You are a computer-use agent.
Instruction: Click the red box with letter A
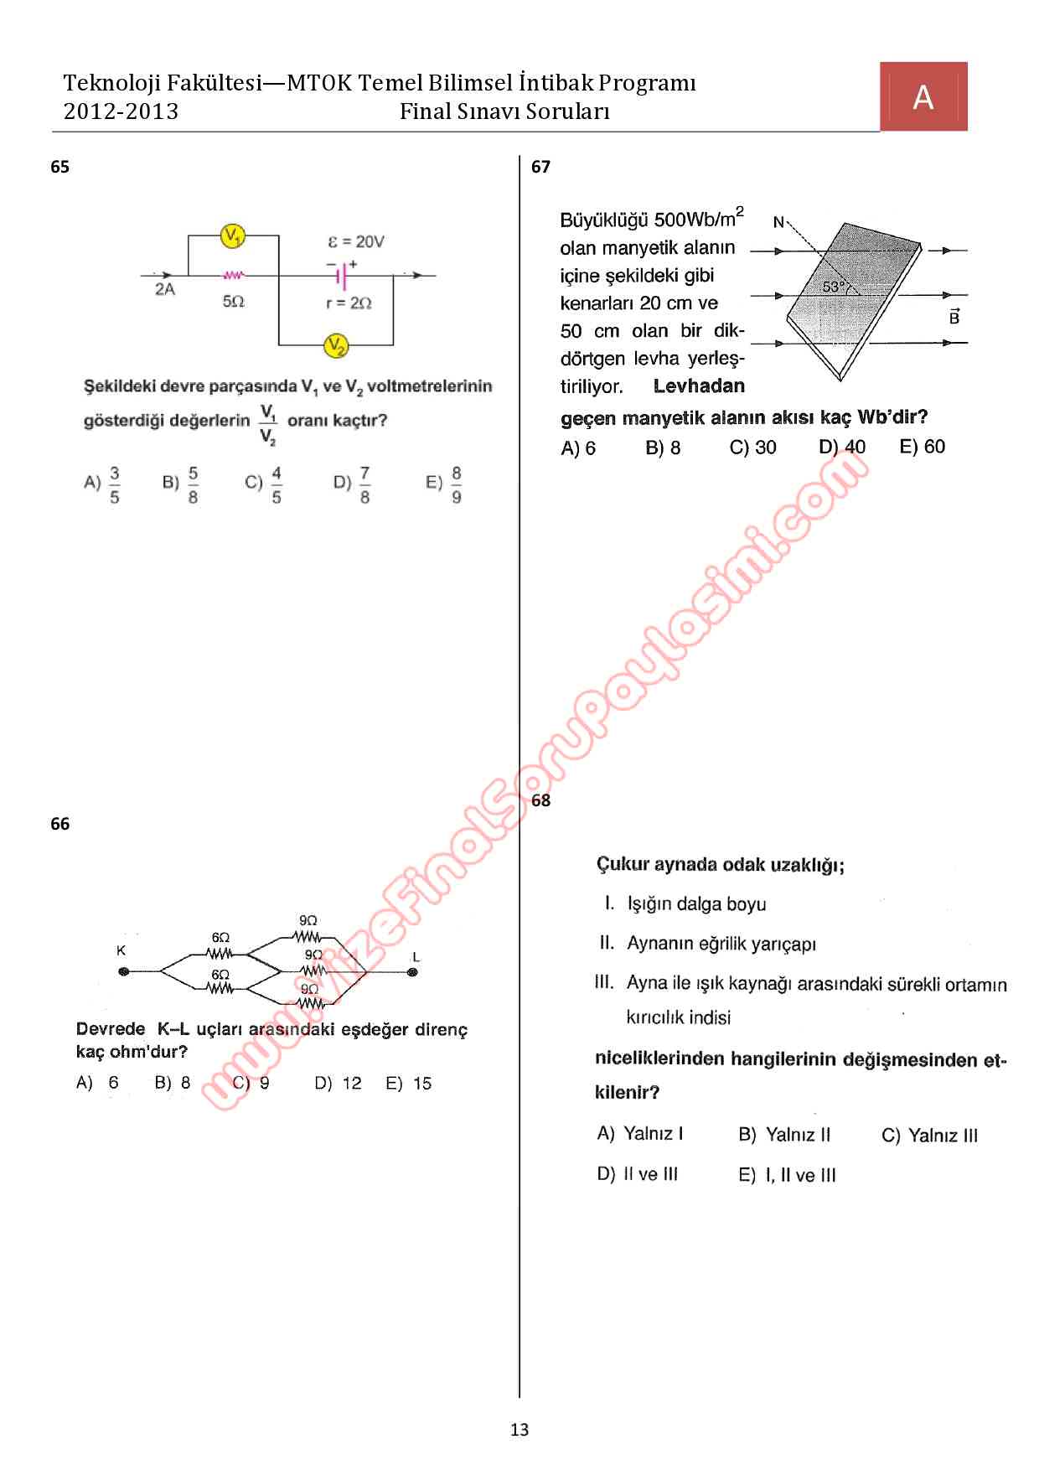(x=923, y=96)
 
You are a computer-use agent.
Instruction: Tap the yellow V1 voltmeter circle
(x=232, y=237)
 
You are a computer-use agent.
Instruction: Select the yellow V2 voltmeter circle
(x=336, y=344)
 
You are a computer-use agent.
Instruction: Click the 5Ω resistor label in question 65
(x=233, y=301)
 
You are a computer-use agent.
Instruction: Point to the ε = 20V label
(x=356, y=241)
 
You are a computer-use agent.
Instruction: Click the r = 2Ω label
(x=349, y=303)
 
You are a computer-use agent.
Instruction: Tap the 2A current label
(x=165, y=290)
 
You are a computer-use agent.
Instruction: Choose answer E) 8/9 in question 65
(x=445, y=484)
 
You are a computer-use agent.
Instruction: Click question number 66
(x=59, y=824)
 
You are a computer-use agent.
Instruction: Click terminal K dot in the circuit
(x=124, y=972)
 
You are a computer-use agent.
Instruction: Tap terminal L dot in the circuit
(x=412, y=972)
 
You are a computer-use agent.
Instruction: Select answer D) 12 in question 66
(x=339, y=1083)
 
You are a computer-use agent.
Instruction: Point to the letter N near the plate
(x=778, y=222)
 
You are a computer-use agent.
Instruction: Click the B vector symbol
(x=954, y=317)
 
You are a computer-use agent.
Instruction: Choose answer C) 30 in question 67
(x=752, y=448)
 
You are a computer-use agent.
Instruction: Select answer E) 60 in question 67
(x=922, y=447)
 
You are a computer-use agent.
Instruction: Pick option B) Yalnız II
(x=784, y=1135)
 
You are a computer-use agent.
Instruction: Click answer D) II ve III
(x=637, y=1174)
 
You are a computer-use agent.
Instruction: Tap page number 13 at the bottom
(x=519, y=1430)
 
